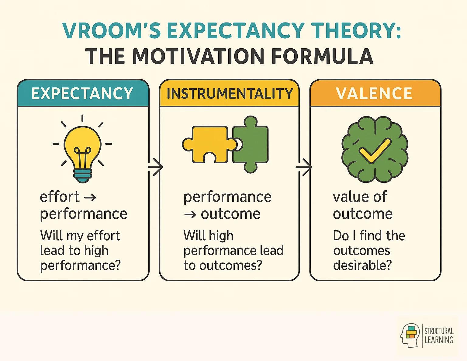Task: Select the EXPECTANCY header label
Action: click(x=82, y=93)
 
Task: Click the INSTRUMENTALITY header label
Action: click(x=230, y=93)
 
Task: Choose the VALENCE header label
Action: click(x=374, y=93)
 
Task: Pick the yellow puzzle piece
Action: click(x=207, y=143)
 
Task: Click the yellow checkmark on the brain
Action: click(x=375, y=150)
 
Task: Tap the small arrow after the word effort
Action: click(x=90, y=198)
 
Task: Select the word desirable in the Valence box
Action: click(x=362, y=265)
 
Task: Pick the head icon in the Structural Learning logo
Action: click(x=410, y=335)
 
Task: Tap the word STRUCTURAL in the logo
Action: click(x=439, y=331)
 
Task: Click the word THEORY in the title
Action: click(x=357, y=31)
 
